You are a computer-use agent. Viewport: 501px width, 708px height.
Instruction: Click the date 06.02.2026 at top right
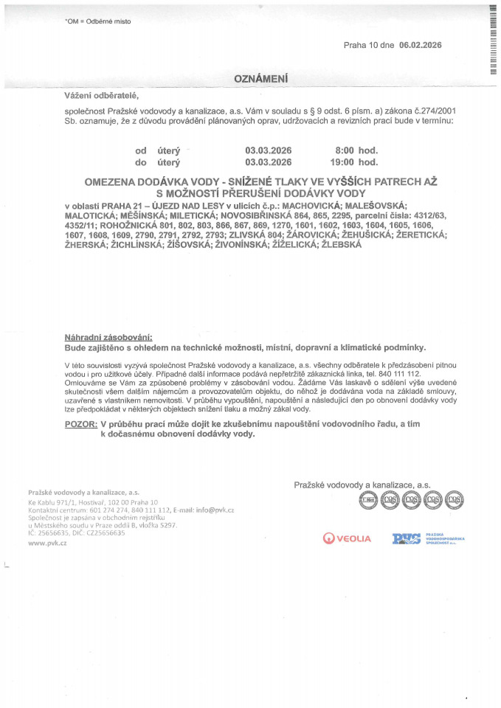click(420, 45)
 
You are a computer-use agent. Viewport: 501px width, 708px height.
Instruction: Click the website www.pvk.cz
click(47, 542)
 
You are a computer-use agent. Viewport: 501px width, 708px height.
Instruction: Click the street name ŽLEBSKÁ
click(337, 244)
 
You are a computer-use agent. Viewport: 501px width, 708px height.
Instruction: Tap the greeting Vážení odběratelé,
click(102, 96)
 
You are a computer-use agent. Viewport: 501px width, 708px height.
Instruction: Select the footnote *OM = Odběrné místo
click(98, 21)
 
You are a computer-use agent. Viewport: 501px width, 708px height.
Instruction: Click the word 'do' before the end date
click(141, 162)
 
